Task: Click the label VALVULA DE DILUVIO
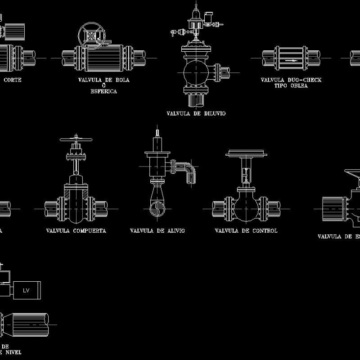pyautogui.click(x=196, y=113)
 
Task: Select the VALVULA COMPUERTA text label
pyautogui.click(x=76, y=230)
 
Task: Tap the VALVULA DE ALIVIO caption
pyautogui.click(x=157, y=230)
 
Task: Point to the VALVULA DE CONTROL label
pyautogui.click(x=246, y=230)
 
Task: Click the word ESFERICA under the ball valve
pyautogui.click(x=104, y=91)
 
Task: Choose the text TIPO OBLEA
pyautogui.click(x=291, y=85)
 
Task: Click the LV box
pyautogui.click(x=26, y=290)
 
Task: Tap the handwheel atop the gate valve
pyautogui.click(x=76, y=139)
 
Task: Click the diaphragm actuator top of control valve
pyautogui.click(x=246, y=154)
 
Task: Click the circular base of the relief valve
pyautogui.click(x=157, y=209)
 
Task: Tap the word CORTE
pyautogui.click(x=12, y=80)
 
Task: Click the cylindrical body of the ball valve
pyautogui.click(x=104, y=58)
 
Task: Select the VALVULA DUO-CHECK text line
pyautogui.click(x=291, y=80)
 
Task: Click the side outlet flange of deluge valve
pyautogui.click(x=218, y=71)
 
